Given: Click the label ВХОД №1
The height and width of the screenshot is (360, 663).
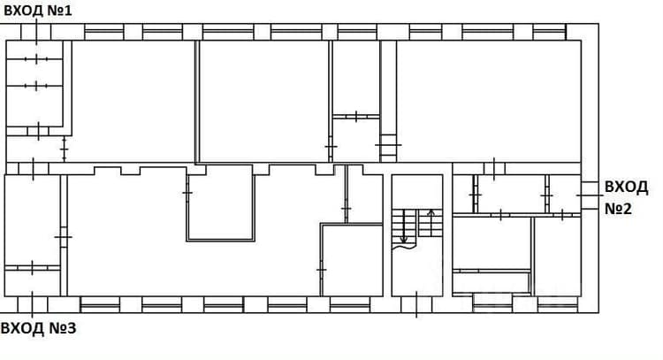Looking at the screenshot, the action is click(x=38, y=10).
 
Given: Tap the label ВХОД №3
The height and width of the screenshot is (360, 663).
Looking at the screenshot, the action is click(x=39, y=328).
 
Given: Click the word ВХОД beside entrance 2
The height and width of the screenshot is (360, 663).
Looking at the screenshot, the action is click(x=626, y=187).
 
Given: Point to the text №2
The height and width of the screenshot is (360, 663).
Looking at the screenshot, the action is click(x=618, y=209).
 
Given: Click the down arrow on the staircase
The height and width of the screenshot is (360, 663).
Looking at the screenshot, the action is click(x=404, y=226).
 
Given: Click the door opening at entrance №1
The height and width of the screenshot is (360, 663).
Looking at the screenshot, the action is click(x=36, y=32).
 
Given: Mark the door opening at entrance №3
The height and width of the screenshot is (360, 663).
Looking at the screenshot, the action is click(x=33, y=304).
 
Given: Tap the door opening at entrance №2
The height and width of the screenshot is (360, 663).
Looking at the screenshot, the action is click(x=590, y=195).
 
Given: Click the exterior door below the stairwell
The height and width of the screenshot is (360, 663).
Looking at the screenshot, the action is click(x=416, y=304).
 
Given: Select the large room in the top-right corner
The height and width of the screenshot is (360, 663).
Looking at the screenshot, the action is click(x=489, y=101).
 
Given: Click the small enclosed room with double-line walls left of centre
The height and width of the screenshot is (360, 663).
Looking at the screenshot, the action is click(x=220, y=203).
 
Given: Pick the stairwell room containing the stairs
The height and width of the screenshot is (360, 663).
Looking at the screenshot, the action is click(x=417, y=235).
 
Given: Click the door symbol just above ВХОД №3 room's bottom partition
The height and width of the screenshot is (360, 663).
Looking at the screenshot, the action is click(x=32, y=268).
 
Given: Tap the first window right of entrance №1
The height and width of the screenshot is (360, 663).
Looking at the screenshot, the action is click(x=103, y=32).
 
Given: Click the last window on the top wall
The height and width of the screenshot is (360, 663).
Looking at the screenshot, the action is click(x=549, y=32).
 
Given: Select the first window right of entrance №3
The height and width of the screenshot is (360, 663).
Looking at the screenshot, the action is click(x=100, y=304).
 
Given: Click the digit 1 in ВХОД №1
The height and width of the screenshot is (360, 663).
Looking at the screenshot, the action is click(x=68, y=10).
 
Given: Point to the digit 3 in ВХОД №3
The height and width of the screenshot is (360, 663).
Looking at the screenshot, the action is click(x=71, y=328).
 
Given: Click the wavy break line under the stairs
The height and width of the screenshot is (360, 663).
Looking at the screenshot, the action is click(x=404, y=245).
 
